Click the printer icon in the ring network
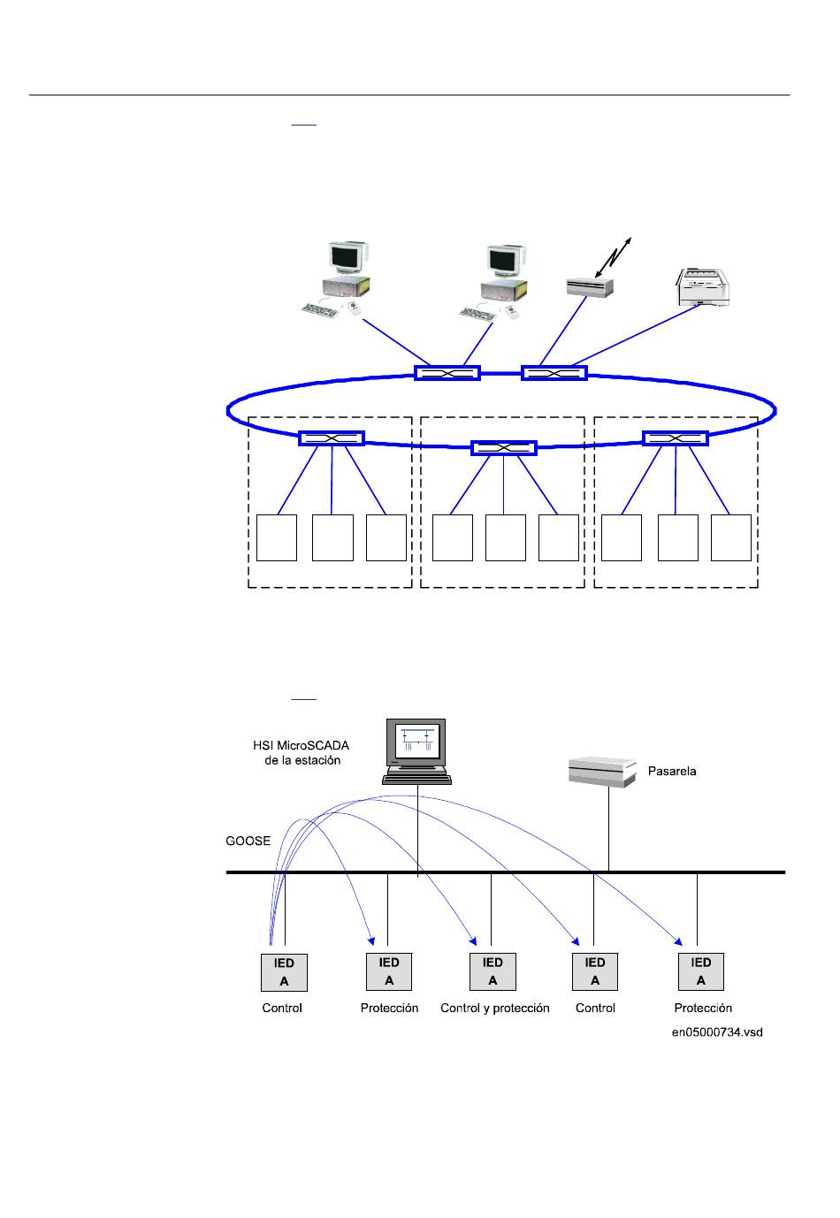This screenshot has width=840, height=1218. (702, 287)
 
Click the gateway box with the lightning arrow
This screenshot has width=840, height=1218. (590, 286)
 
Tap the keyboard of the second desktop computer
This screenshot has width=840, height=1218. (477, 314)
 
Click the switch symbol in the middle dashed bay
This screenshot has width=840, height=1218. (503, 447)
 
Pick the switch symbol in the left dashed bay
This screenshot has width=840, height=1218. (332, 438)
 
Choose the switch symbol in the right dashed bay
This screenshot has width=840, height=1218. (676, 438)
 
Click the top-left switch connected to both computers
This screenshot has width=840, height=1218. (447, 372)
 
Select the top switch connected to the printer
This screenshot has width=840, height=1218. (554, 372)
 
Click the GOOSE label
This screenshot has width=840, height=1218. (248, 841)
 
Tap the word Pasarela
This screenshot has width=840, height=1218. (671, 771)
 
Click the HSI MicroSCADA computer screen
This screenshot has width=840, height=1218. (416, 743)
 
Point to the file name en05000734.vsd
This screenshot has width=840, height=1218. (717, 1032)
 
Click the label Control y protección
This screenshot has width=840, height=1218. (494, 1008)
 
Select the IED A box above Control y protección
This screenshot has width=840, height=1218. (493, 971)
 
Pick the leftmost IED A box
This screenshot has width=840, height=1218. (284, 971)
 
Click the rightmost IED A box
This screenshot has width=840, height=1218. (700, 971)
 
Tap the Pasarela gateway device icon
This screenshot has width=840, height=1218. (602, 772)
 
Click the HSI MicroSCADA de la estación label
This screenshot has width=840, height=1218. (302, 752)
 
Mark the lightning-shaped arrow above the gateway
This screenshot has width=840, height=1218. (613, 257)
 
